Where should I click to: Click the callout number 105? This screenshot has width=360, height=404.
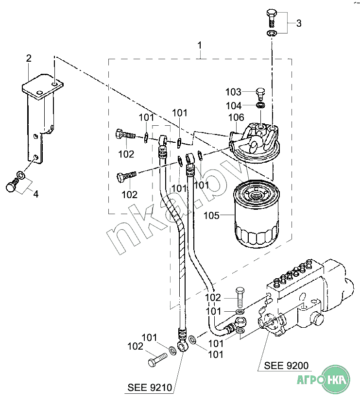[x=211, y=216]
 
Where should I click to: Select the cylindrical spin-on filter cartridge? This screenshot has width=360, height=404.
[x=256, y=214]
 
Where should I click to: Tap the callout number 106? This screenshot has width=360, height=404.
[x=236, y=118]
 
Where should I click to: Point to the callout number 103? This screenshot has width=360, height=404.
[x=233, y=92]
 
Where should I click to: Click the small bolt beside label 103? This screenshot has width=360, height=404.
[x=260, y=94]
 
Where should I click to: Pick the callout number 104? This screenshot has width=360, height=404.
[x=234, y=106]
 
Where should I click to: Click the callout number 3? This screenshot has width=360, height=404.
[x=299, y=23]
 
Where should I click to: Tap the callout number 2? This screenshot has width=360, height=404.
[x=29, y=58]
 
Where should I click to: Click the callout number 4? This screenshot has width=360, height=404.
[x=36, y=194]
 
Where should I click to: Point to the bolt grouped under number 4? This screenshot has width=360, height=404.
[x=12, y=185]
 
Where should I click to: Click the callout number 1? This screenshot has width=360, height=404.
[x=199, y=45]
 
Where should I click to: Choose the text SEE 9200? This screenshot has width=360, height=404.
[x=286, y=366]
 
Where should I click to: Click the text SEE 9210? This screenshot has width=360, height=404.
[x=150, y=387]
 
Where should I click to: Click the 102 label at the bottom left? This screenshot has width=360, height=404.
[x=135, y=346]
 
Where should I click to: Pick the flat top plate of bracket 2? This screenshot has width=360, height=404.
[x=43, y=87]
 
